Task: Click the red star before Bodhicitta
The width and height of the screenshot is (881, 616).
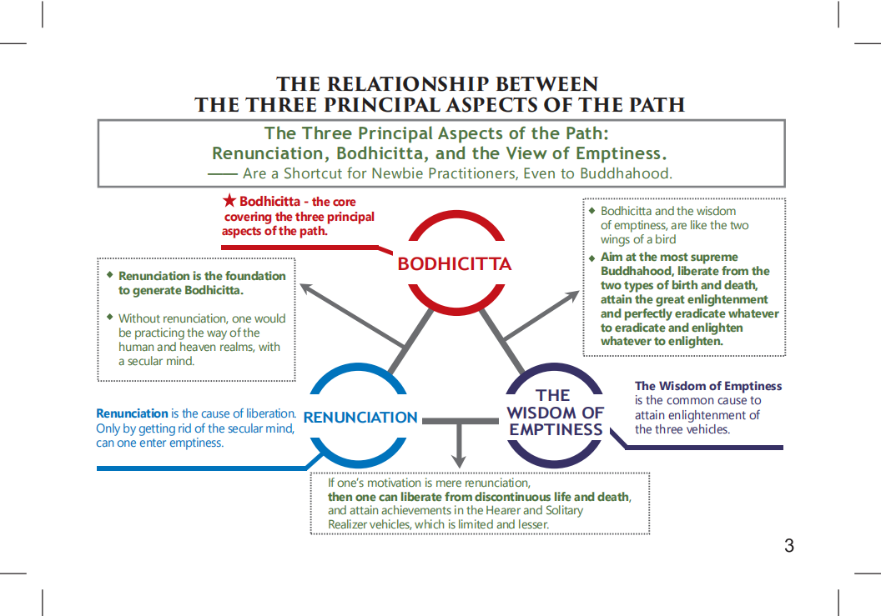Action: pos(230,201)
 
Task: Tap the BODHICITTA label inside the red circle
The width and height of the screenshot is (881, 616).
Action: pos(454,264)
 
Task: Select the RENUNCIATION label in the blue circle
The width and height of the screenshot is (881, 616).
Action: pos(360,418)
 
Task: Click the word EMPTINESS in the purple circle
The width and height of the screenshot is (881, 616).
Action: pos(556,430)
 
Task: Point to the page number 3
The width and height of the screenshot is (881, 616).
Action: pos(788,546)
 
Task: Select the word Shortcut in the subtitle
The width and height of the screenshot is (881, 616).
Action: pos(315,173)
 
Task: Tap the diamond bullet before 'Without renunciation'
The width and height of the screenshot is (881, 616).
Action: pos(109,317)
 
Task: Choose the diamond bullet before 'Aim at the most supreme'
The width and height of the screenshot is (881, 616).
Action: pos(592,258)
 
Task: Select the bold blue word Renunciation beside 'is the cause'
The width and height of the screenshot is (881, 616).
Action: pos(132,413)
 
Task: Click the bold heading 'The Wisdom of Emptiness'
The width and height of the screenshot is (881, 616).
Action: pos(708,386)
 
